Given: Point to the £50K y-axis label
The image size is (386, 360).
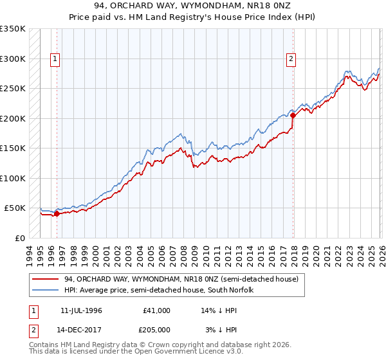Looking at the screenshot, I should coord(14,208).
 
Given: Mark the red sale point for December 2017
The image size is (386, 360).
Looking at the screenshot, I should coord(293,116).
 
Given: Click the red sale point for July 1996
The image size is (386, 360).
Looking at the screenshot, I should coord(57,214).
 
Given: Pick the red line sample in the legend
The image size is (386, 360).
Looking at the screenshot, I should coord(45,280).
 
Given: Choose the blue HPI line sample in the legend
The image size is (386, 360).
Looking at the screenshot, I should coord(45,291).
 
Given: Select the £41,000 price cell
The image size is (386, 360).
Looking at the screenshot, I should coord(157,310).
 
